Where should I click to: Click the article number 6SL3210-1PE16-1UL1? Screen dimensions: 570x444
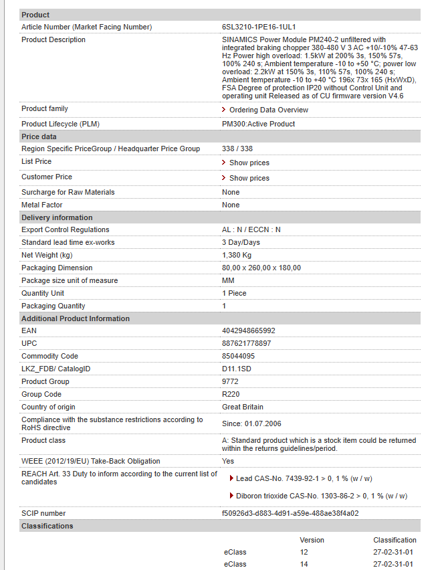coord(259,27)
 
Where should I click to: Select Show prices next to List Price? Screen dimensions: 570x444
coord(249,163)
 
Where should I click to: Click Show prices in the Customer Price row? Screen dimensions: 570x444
coord(249,178)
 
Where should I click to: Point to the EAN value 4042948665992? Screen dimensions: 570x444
coord(248,330)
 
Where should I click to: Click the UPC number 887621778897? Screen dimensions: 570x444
coord(247,343)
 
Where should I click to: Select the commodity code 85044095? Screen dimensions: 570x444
coord(238,356)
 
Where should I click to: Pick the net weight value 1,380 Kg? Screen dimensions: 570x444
coord(237,255)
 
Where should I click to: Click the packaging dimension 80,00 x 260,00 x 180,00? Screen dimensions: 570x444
coord(261,268)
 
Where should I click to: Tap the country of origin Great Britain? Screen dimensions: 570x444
coord(243,407)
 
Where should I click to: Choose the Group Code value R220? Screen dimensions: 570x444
coord(231,394)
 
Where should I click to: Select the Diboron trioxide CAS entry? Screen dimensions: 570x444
coord(321,496)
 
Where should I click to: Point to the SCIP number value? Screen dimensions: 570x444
coord(290,513)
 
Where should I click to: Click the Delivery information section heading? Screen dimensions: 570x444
coord(57,217)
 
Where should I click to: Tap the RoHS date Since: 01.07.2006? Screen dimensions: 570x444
coord(251,423)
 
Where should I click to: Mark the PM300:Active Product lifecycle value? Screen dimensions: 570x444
coord(258,124)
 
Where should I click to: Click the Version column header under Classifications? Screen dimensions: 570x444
coord(312,540)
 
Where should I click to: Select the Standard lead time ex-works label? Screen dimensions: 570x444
coord(68,242)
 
